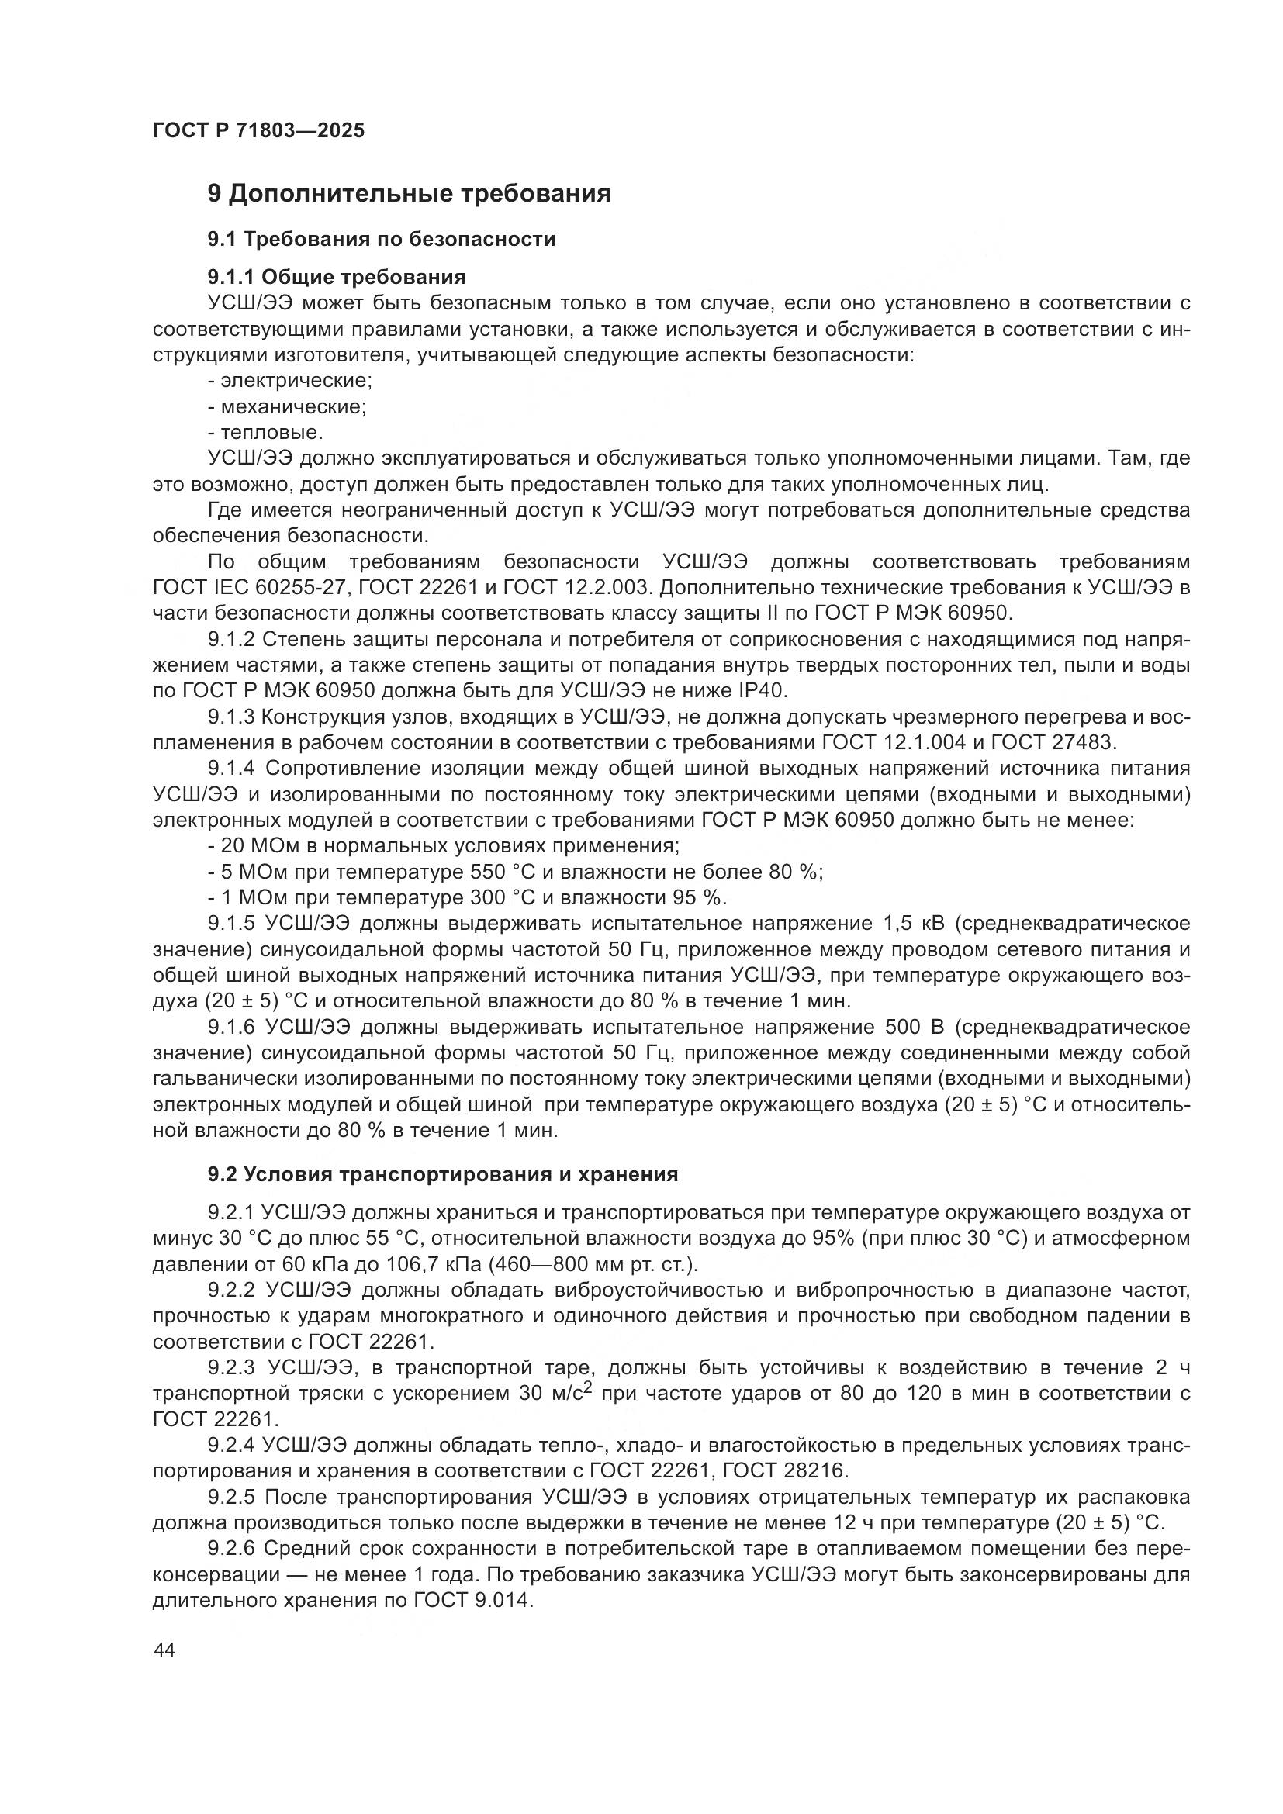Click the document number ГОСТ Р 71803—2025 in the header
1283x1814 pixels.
258,131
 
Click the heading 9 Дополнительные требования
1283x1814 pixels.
409,194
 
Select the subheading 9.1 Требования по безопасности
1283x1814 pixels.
382,239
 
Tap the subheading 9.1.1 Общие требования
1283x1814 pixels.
337,277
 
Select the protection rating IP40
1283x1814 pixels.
763,691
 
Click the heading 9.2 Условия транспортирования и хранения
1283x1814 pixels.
442,1174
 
